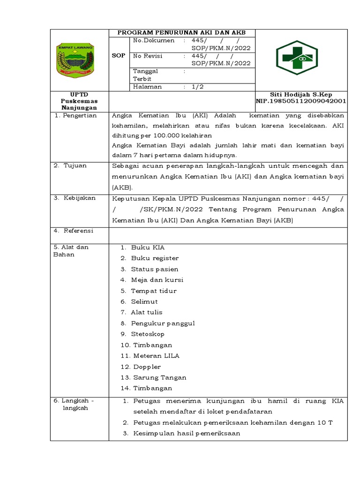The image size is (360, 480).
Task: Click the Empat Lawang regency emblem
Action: [x=75, y=60]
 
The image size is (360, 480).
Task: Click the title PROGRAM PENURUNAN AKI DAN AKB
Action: [x=181, y=32]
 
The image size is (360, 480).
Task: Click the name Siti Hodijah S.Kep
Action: [x=300, y=94]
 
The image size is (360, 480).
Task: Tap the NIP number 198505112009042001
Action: [x=300, y=101]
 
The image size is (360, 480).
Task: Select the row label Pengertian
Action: [x=78, y=115]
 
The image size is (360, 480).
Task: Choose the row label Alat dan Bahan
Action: [x=71, y=251]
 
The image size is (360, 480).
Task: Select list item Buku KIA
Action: [x=148, y=247]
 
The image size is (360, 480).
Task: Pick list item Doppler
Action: [x=147, y=367]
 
